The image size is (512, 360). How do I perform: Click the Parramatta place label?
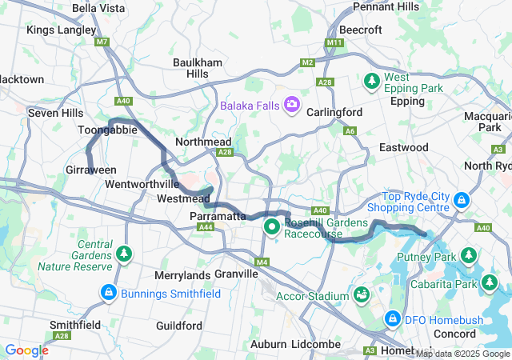coord(218,216)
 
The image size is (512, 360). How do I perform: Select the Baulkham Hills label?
coord(191,67)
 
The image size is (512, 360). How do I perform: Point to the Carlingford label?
coord(334,112)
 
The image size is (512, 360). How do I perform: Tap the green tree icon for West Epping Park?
coord(372,82)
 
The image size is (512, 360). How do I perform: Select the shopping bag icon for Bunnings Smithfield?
coord(108,294)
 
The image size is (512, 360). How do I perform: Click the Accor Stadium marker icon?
coord(362,295)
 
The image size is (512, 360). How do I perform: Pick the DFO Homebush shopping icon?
coord(393,320)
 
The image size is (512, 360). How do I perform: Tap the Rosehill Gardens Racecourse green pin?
coord(272,227)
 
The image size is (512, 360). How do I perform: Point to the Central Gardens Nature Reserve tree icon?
coord(124,254)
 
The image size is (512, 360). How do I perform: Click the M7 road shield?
coord(102,42)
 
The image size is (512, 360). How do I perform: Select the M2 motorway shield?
coord(309,62)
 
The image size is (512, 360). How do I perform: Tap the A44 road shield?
coord(206,228)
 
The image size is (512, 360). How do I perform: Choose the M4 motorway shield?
coord(262,262)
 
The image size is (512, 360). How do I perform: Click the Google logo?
coord(26,350)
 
